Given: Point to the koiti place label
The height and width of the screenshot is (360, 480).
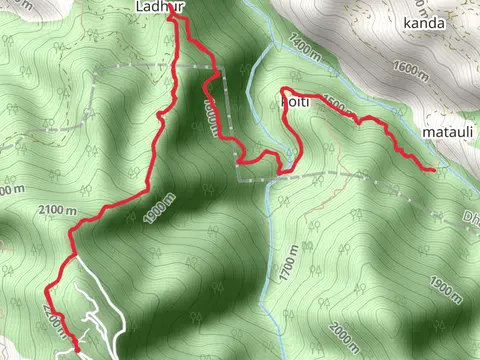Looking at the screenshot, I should pyautogui.click(x=293, y=101).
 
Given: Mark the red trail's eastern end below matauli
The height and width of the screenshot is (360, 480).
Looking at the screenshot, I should pyautogui.click(x=433, y=171).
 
